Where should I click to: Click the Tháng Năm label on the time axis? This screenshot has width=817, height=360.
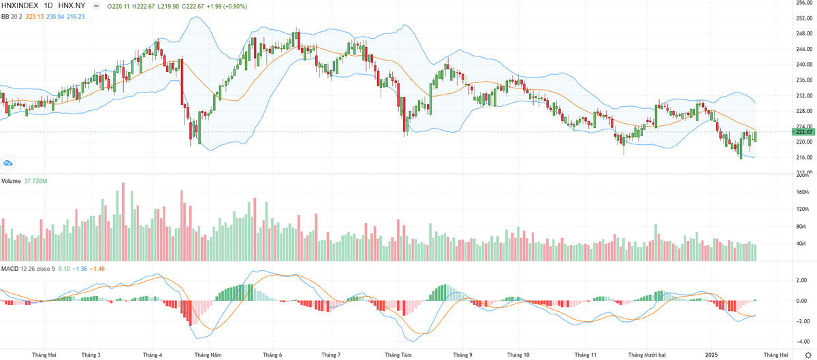point(208,355)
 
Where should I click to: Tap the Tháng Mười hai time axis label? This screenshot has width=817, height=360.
point(650,355)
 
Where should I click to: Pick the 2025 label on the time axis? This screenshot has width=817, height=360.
point(711,355)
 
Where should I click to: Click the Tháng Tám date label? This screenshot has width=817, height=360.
point(398,355)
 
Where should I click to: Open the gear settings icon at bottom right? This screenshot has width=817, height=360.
point(807,355)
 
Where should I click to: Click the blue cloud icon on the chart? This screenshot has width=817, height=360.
point(8,163)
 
